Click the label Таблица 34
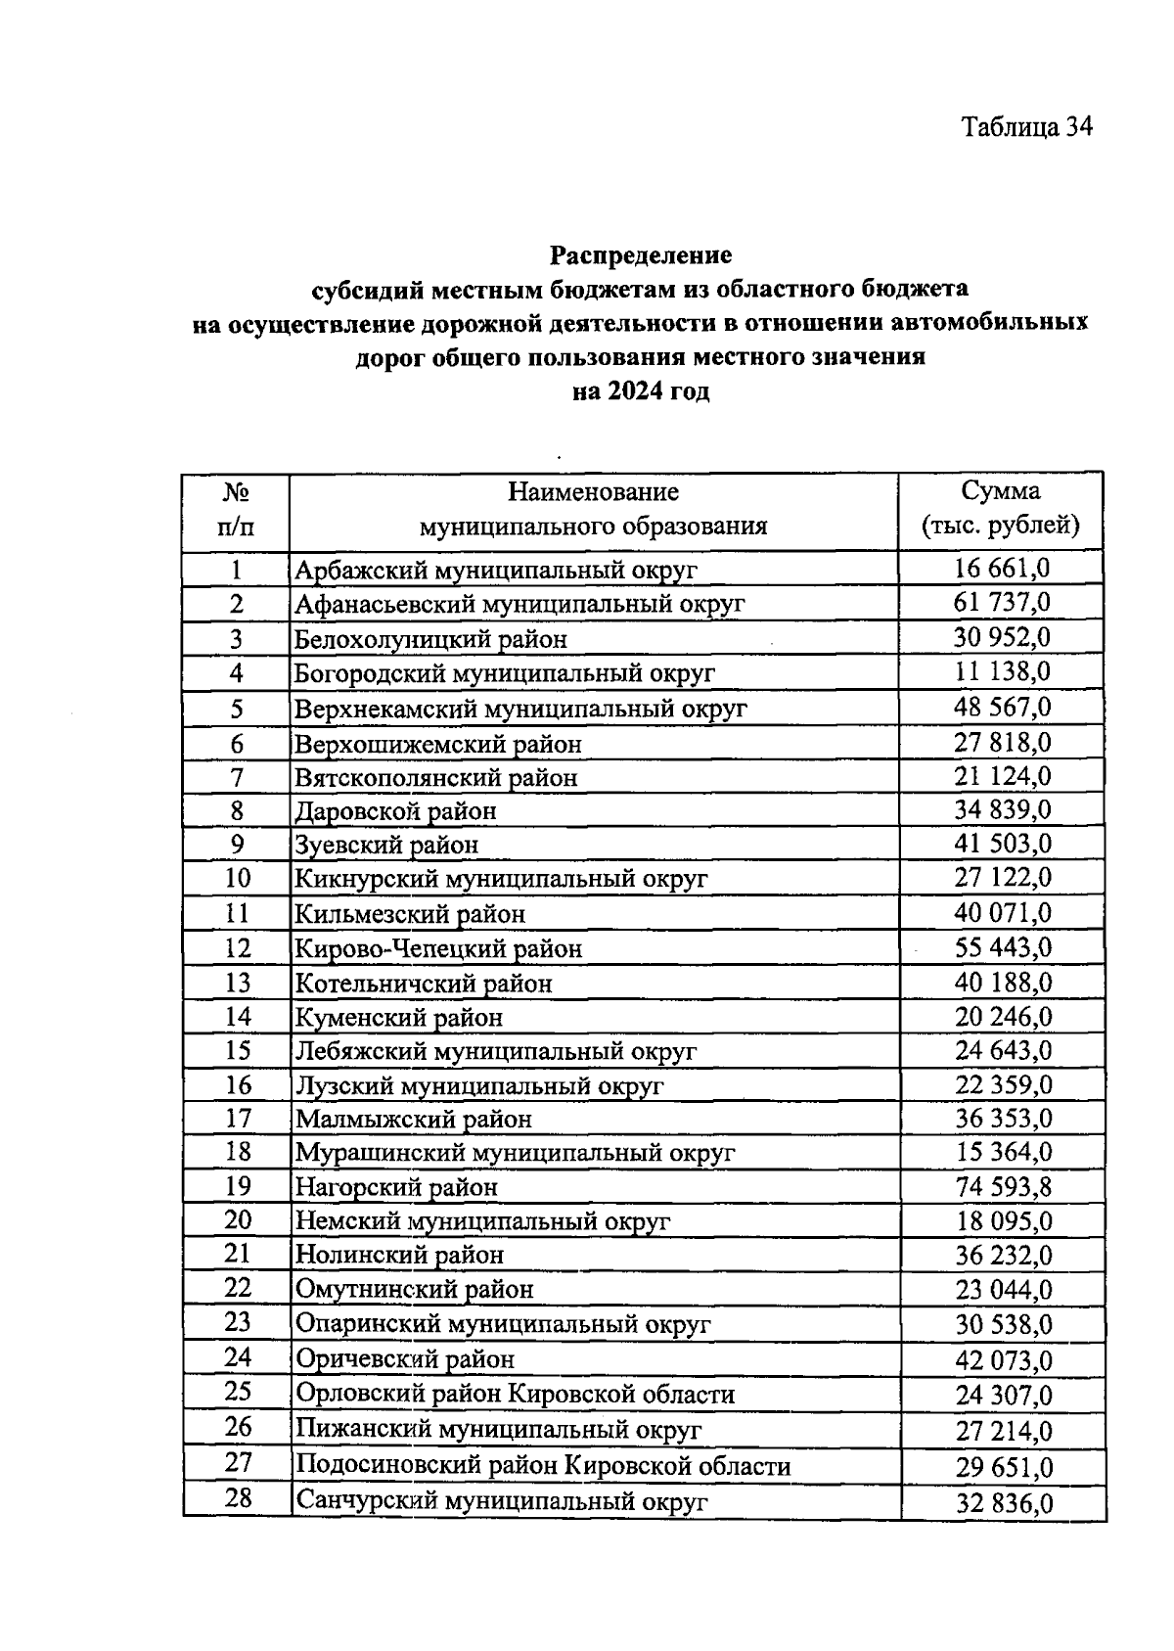(1026, 127)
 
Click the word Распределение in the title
(641, 255)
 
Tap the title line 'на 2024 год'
(641, 392)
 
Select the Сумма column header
(1001, 508)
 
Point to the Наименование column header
(593, 508)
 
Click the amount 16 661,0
(1002, 568)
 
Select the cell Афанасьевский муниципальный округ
(519, 604)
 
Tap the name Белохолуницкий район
(431, 639)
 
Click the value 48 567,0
(1002, 707)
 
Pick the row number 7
(237, 777)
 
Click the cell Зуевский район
(387, 845)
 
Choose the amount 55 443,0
(1003, 946)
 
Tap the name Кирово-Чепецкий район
(439, 948)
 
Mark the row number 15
(238, 1050)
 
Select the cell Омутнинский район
(415, 1290)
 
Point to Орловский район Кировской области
(515, 1394)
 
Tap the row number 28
(238, 1497)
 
